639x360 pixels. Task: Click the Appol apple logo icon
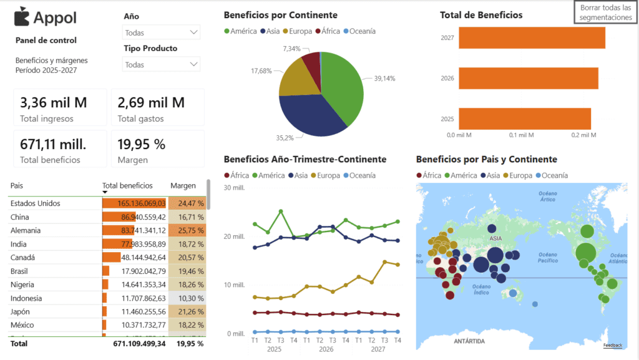(21, 17)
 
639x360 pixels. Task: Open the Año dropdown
(162, 32)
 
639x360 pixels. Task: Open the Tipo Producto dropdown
(162, 64)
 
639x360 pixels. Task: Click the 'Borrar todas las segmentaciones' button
(605, 12)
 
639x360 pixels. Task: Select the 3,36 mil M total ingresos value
(54, 102)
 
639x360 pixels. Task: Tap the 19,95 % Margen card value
(142, 144)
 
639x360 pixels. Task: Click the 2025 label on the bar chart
(447, 119)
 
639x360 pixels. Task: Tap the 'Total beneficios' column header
(127, 185)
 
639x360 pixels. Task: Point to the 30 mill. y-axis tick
(236, 188)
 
